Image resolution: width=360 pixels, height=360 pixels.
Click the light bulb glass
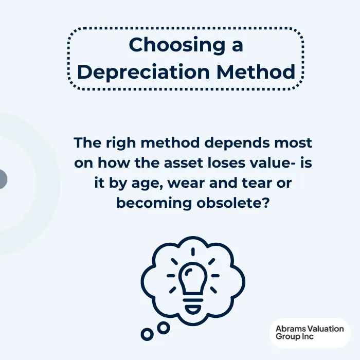pos(193,277)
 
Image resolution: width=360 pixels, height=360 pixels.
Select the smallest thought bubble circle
pos(147,334)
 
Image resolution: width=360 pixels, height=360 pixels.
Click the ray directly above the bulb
pos(193,251)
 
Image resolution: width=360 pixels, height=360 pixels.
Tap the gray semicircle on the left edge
pos(3,179)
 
